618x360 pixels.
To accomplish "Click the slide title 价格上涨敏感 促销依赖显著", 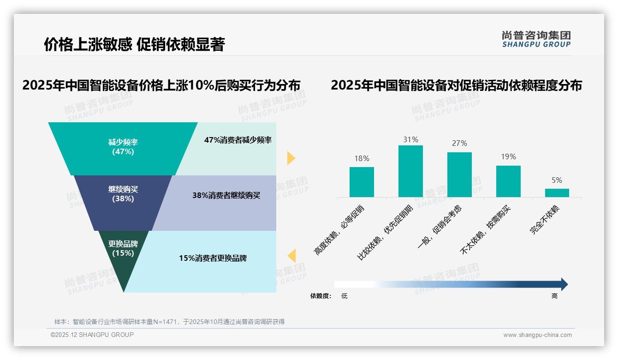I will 134,44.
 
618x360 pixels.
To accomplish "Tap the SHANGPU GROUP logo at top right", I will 536,39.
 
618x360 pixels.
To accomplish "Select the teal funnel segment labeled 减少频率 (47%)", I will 123,147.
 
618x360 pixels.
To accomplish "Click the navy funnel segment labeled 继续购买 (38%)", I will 123,194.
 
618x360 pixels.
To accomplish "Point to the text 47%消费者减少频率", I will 238,140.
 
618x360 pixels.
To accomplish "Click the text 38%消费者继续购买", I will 226,196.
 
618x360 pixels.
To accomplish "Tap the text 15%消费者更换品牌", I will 213,258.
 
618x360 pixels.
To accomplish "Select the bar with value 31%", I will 410,171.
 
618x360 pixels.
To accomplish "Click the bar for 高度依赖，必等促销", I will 362,182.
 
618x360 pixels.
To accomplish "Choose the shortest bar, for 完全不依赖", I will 557,192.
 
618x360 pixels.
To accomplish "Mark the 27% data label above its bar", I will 459,144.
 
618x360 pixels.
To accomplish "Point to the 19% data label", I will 508,157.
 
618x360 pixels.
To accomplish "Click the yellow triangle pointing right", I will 291,158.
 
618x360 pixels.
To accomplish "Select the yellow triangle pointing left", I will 291,256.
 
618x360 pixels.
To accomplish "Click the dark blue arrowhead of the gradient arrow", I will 564,284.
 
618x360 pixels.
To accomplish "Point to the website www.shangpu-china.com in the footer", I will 537,335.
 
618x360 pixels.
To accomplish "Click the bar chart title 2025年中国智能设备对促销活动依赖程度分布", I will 456,86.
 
